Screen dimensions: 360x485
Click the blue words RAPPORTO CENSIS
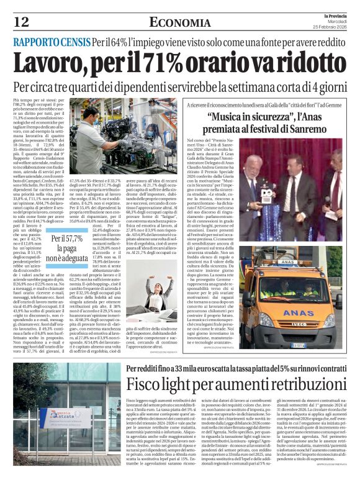pos(52,43)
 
